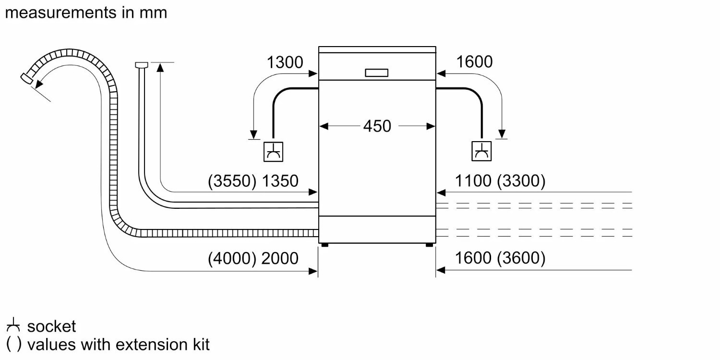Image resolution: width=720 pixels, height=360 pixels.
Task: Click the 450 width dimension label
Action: [377, 126]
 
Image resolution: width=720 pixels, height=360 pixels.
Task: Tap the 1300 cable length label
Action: [285, 62]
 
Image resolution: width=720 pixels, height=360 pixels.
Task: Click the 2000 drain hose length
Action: [280, 258]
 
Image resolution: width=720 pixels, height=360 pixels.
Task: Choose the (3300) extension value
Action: [521, 181]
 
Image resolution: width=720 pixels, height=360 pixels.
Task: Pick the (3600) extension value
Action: [521, 258]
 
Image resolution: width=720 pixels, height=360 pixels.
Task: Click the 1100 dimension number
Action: [473, 181]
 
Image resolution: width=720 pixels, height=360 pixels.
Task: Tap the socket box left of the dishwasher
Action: [274, 152]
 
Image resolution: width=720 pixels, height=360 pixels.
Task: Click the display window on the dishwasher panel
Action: [377, 72]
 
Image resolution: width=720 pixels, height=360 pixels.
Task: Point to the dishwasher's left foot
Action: [325, 245]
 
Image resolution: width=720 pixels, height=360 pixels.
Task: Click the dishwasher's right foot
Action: [429, 245]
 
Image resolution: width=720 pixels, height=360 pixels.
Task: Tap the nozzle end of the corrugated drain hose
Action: [27, 79]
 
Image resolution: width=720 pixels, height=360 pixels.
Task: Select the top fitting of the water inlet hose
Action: [141, 64]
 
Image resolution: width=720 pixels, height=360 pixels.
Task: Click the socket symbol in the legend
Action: [13, 326]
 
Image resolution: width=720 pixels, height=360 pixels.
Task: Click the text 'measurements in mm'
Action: [86, 12]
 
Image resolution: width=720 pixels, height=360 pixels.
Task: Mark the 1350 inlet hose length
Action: [280, 181]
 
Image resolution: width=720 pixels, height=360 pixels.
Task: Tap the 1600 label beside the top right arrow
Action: [474, 62]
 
